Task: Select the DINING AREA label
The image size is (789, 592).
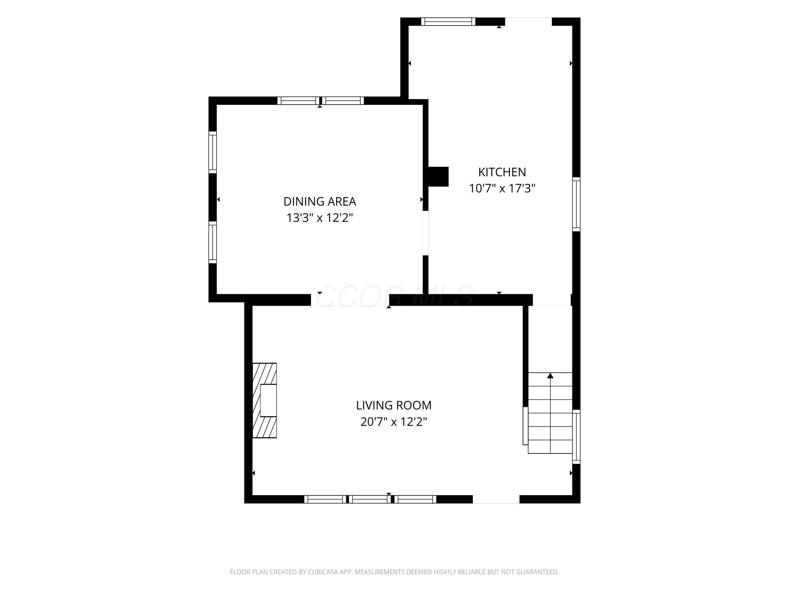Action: [x=320, y=202]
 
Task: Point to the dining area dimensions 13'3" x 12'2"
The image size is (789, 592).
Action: [x=320, y=218]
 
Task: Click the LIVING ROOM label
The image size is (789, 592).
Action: [x=394, y=405]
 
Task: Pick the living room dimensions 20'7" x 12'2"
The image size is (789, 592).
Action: [x=394, y=422]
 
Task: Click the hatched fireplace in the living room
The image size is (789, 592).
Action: [x=265, y=400]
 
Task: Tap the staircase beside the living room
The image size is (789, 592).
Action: [x=550, y=413]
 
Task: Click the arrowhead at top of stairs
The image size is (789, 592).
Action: [x=550, y=375]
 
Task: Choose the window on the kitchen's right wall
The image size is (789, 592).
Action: [x=576, y=204]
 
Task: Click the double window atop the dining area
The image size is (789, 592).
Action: [x=321, y=101]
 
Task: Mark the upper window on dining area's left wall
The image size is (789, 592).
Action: [x=213, y=152]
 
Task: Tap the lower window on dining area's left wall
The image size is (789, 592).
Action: [x=213, y=242]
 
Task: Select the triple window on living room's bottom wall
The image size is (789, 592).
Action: [x=370, y=499]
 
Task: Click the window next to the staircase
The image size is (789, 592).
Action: [x=576, y=437]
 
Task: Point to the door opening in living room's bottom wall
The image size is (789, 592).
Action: [x=496, y=499]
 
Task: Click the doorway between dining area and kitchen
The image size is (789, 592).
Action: [x=426, y=233]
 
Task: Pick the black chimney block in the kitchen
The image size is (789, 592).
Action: [x=438, y=177]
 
